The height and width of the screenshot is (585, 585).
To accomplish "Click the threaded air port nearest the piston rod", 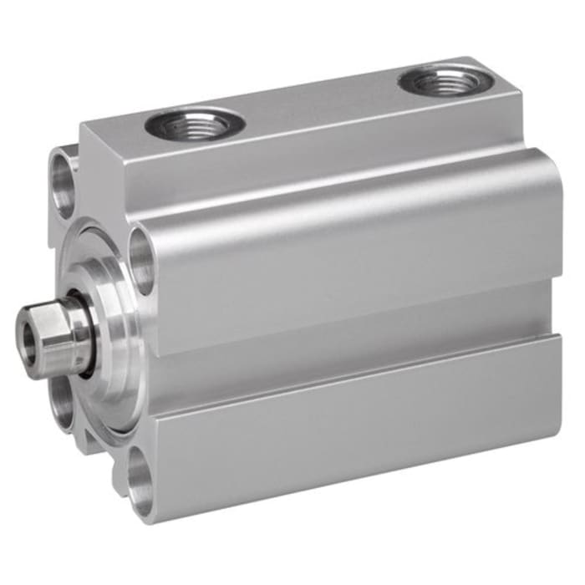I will [195, 125].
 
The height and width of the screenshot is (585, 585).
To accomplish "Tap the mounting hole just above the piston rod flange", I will [142, 261].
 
